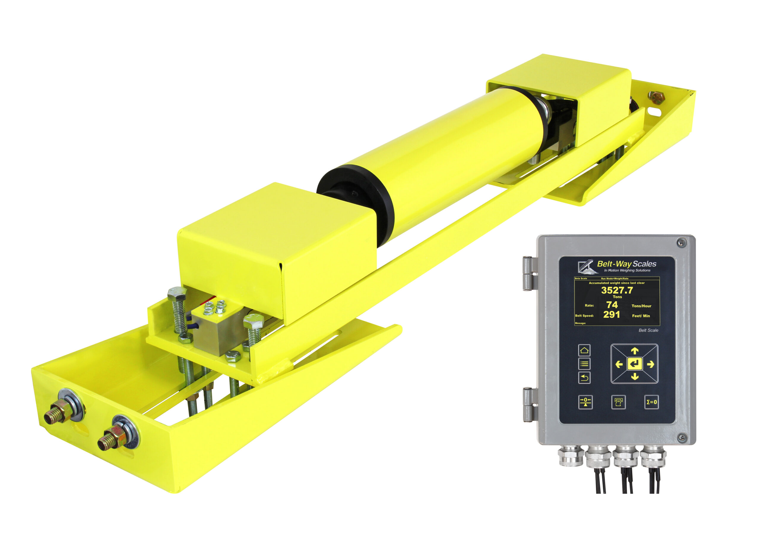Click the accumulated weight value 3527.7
click(x=617, y=290)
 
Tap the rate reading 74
click(x=612, y=305)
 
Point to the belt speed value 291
click(x=612, y=315)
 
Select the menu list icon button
click(x=585, y=364)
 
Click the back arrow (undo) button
click(x=585, y=378)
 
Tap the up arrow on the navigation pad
click(x=635, y=351)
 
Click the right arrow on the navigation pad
click(x=650, y=364)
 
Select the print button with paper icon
click(x=618, y=402)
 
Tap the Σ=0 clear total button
click(x=651, y=402)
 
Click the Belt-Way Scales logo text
click(x=626, y=264)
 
